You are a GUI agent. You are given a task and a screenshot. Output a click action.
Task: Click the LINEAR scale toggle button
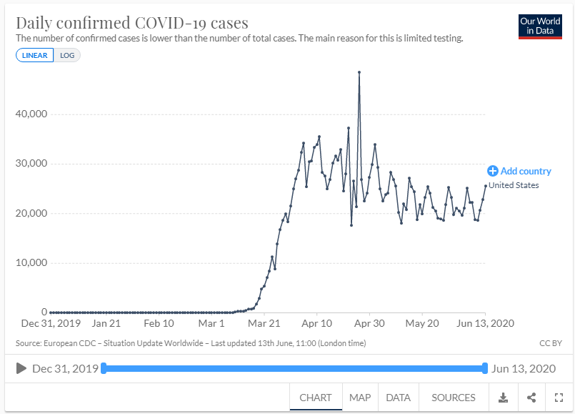click(34, 56)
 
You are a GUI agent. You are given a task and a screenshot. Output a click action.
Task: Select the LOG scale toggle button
click(67, 56)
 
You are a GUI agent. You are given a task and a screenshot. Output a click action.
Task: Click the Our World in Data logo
click(540, 26)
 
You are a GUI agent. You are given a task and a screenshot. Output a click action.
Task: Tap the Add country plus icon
click(492, 171)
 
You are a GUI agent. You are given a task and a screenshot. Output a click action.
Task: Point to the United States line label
click(514, 185)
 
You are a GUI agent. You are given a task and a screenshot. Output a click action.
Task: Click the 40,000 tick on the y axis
click(31, 114)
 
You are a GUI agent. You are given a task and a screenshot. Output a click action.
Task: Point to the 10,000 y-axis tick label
click(31, 263)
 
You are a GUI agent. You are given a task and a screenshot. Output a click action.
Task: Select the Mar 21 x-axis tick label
click(263, 323)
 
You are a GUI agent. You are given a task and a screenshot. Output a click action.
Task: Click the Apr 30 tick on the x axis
click(369, 323)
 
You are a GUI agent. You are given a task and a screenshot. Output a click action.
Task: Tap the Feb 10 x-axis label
click(159, 323)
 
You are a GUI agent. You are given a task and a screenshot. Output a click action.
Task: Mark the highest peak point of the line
click(359, 72)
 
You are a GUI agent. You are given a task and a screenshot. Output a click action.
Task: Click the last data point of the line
click(486, 186)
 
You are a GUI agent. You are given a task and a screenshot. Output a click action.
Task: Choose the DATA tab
click(398, 398)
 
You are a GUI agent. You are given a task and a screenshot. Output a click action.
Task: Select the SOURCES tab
click(453, 398)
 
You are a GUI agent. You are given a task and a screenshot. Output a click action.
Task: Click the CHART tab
click(315, 398)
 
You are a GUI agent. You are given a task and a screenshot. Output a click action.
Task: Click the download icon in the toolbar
click(503, 398)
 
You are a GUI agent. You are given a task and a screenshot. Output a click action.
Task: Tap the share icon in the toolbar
click(531, 398)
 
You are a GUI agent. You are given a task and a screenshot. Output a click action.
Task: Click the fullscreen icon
click(559, 398)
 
